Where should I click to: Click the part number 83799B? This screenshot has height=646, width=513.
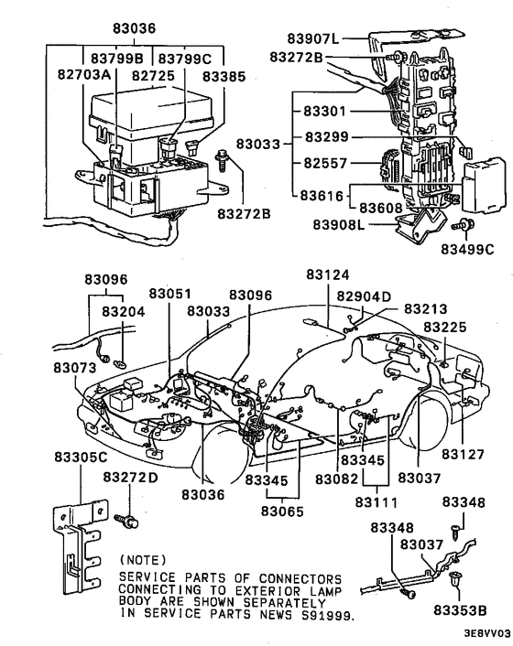click(116, 59)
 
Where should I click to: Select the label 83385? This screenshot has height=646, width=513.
click(224, 77)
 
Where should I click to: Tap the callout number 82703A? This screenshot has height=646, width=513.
click(84, 74)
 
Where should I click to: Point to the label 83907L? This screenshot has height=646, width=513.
click(313, 38)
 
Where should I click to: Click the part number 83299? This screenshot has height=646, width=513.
click(327, 136)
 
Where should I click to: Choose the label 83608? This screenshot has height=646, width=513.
click(380, 208)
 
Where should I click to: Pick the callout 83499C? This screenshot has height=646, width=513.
click(467, 250)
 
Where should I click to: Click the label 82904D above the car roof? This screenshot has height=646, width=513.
click(364, 296)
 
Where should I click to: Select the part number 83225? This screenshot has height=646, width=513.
click(445, 328)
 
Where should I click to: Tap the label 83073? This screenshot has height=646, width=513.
click(74, 368)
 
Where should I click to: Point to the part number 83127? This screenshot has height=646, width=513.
click(463, 454)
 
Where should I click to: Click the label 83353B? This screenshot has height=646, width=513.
click(460, 610)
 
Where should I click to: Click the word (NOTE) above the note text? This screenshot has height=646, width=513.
click(143, 560)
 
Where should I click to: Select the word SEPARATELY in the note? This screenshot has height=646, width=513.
click(284, 603)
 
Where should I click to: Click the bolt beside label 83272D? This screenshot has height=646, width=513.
click(126, 522)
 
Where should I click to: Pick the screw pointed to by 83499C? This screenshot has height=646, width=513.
click(464, 225)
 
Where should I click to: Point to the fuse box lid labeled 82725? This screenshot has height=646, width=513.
click(151, 113)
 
